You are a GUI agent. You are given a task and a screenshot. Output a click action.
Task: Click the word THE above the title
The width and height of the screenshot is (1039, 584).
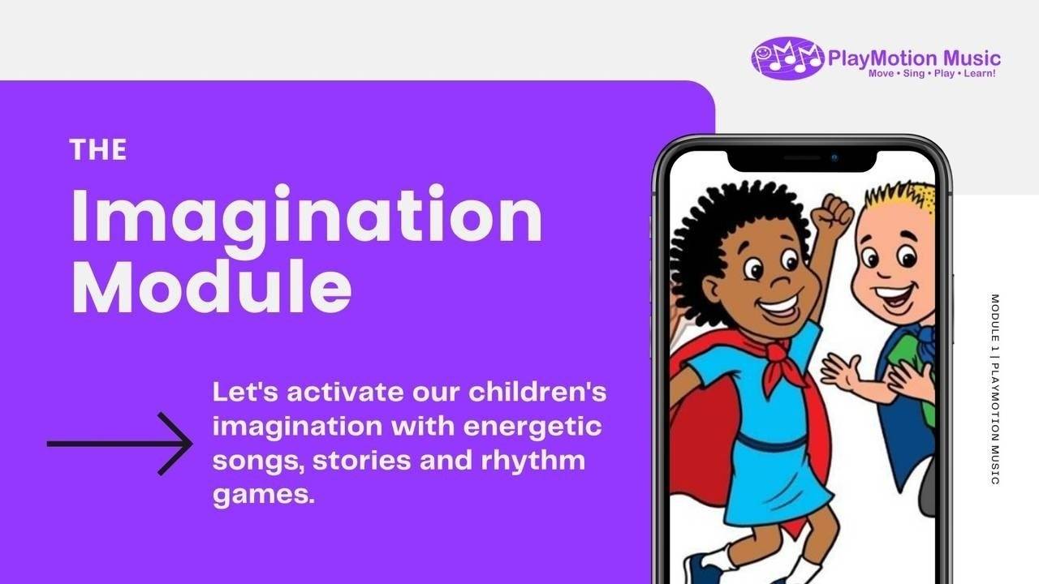[98, 150]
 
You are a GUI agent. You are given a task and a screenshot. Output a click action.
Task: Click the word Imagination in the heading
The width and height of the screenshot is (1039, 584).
[306, 217]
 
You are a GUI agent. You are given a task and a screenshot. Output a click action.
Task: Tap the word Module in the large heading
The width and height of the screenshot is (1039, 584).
[212, 288]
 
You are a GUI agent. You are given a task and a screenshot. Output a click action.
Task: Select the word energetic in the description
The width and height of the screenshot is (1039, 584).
[531, 426]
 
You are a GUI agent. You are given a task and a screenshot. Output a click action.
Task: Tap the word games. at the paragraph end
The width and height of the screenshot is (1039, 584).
[263, 494]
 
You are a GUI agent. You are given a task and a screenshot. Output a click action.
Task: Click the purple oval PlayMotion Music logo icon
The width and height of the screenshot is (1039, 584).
[787, 58]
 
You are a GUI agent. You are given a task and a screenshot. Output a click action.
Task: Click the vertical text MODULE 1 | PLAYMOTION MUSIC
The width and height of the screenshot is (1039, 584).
[995, 389]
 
